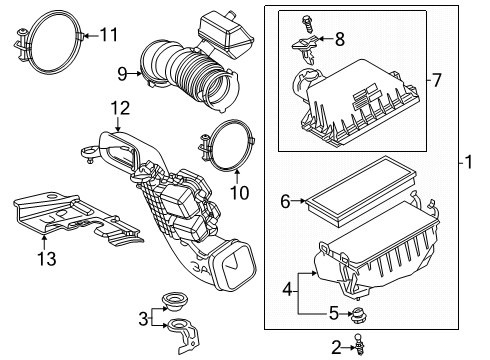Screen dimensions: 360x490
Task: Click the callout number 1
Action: coord(470,160)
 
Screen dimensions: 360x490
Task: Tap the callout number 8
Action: coord(340,39)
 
